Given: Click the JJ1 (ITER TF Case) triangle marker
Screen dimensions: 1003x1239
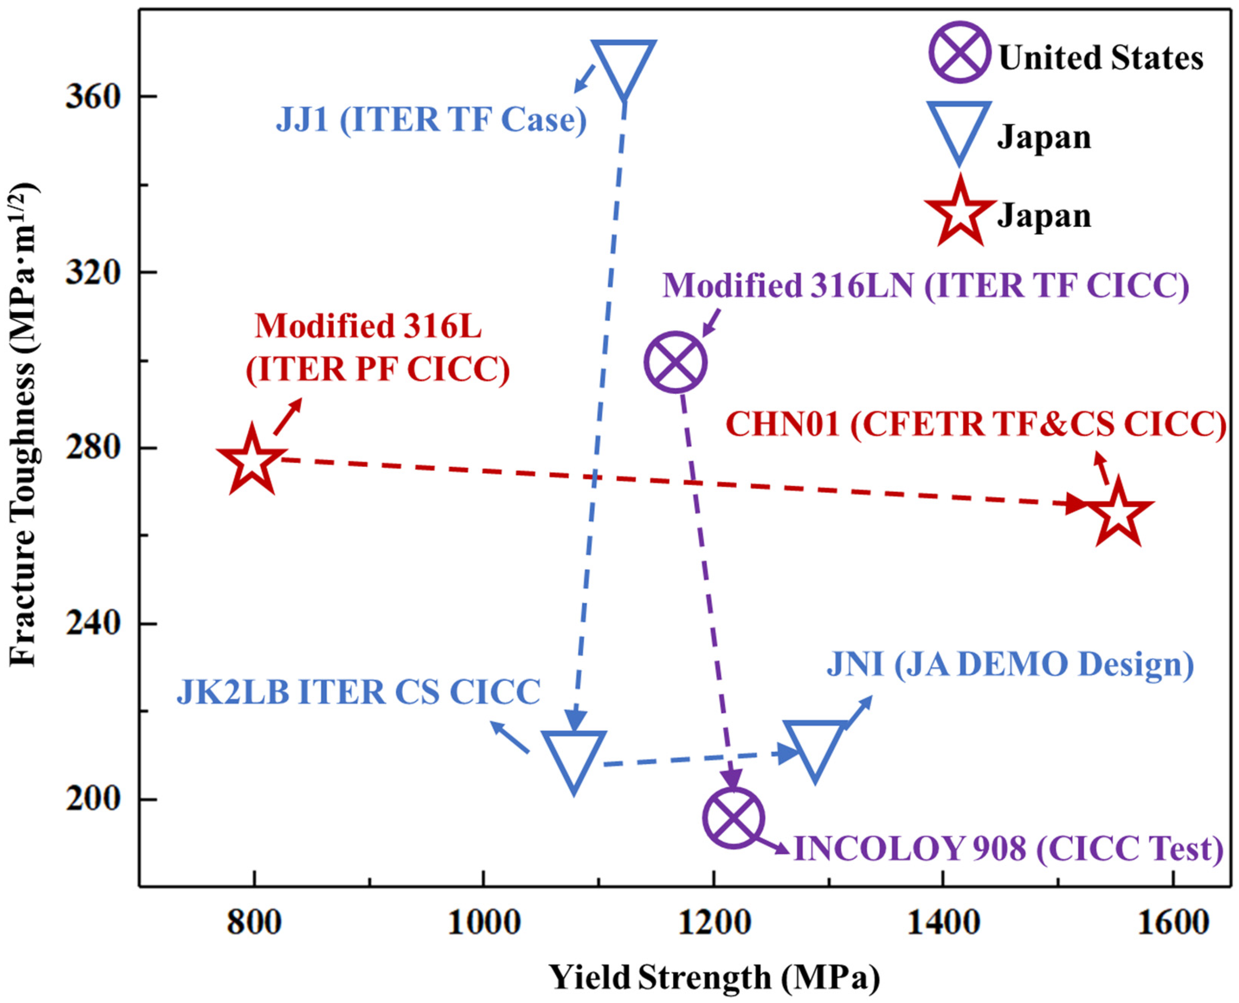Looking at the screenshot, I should [x=624, y=64].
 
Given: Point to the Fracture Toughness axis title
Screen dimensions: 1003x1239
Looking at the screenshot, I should [x=24, y=425].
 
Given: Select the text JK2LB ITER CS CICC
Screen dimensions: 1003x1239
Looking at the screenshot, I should [x=358, y=692].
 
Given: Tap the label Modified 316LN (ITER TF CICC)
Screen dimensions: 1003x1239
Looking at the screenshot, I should [x=925, y=285].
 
